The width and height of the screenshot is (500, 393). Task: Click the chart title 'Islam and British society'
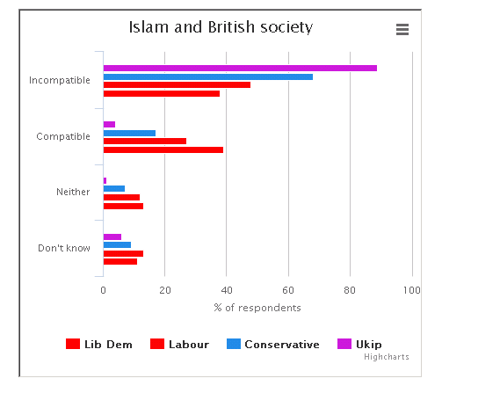point(221,27)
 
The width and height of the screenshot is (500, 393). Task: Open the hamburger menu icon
point(402,29)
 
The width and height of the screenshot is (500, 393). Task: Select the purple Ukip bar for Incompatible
point(240,68)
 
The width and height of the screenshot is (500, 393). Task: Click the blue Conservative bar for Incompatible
point(208,76)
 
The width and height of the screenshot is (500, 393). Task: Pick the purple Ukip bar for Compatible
point(109,125)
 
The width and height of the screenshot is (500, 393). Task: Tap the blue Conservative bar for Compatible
point(129,133)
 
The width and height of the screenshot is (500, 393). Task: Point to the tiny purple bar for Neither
point(105,180)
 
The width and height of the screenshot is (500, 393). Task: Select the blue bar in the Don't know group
point(117,245)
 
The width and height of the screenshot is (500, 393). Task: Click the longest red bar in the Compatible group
point(163,150)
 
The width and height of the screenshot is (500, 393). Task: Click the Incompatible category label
point(60,80)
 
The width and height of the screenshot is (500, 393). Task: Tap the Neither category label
point(73,192)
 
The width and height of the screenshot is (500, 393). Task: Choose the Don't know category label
point(64,248)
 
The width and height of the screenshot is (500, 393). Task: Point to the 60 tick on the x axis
point(288,290)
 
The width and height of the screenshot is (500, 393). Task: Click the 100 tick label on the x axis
point(411,290)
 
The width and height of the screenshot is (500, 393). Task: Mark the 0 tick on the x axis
point(103,290)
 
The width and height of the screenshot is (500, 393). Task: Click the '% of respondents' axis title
point(257,308)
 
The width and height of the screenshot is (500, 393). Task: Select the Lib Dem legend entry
point(98,344)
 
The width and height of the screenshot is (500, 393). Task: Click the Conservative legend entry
point(273,344)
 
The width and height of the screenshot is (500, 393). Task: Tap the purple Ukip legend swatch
point(344,344)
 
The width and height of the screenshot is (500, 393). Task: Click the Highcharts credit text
point(387,357)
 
